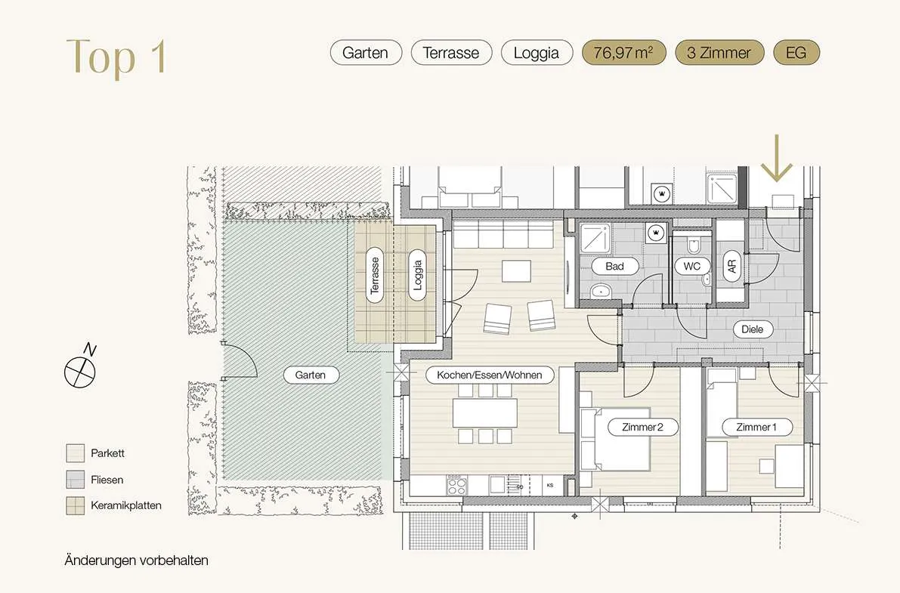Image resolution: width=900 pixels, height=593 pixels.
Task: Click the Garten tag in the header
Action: (x=366, y=53)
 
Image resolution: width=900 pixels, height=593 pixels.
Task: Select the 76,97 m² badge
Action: (x=624, y=53)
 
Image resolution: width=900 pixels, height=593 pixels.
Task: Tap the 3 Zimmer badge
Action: (x=719, y=53)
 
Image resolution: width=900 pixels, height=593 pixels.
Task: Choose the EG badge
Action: (x=796, y=53)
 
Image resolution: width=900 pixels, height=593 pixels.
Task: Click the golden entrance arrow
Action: (x=777, y=158)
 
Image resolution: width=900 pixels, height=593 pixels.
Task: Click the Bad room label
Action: (x=614, y=267)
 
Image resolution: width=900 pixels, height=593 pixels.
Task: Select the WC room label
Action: (x=691, y=267)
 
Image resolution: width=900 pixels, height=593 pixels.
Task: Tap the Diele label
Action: (x=753, y=329)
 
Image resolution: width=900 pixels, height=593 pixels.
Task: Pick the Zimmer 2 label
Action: (x=643, y=427)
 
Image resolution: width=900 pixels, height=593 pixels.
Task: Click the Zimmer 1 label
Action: (x=756, y=427)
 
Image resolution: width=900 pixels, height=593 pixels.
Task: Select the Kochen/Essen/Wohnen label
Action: (x=490, y=375)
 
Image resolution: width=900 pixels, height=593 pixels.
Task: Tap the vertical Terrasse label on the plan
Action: (x=375, y=276)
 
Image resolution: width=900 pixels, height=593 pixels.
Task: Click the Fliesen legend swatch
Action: (x=76, y=480)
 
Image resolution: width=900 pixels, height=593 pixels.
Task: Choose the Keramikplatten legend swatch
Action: (x=76, y=505)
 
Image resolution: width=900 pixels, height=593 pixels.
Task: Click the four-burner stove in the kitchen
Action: (x=456, y=485)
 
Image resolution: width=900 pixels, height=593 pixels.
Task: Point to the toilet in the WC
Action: (x=694, y=245)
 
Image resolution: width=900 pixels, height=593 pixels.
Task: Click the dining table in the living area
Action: (x=485, y=412)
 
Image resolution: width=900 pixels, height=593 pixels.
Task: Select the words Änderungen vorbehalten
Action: (x=137, y=561)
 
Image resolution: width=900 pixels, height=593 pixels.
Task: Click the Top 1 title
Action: (x=116, y=56)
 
